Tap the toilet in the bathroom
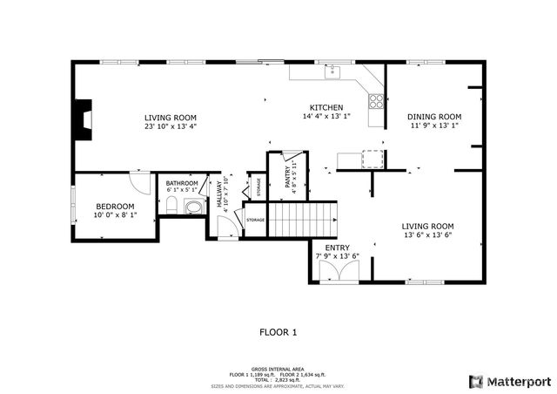(x=172, y=206)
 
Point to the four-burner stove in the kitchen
(x=377, y=100)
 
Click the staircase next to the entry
(x=301, y=218)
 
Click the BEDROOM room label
(x=115, y=206)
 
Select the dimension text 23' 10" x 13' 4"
(x=171, y=126)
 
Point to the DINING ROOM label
(x=434, y=116)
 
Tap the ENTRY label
(x=337, y=248)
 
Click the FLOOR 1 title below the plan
(x=278, y=332)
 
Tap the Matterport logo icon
(x=475, y=381)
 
